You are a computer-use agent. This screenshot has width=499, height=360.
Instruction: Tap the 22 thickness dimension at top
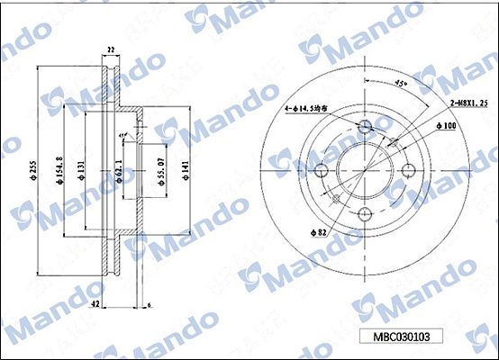click(112, 49)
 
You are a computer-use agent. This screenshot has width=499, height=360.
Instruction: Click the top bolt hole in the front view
click(366, 125)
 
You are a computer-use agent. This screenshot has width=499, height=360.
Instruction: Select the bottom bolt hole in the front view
click(366, 213)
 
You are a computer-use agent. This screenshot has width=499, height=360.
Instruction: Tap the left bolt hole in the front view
click(322, 169)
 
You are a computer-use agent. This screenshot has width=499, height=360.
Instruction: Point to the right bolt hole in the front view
click(410, 169)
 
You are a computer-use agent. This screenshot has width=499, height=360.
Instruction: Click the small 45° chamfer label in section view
click(122, 136)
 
